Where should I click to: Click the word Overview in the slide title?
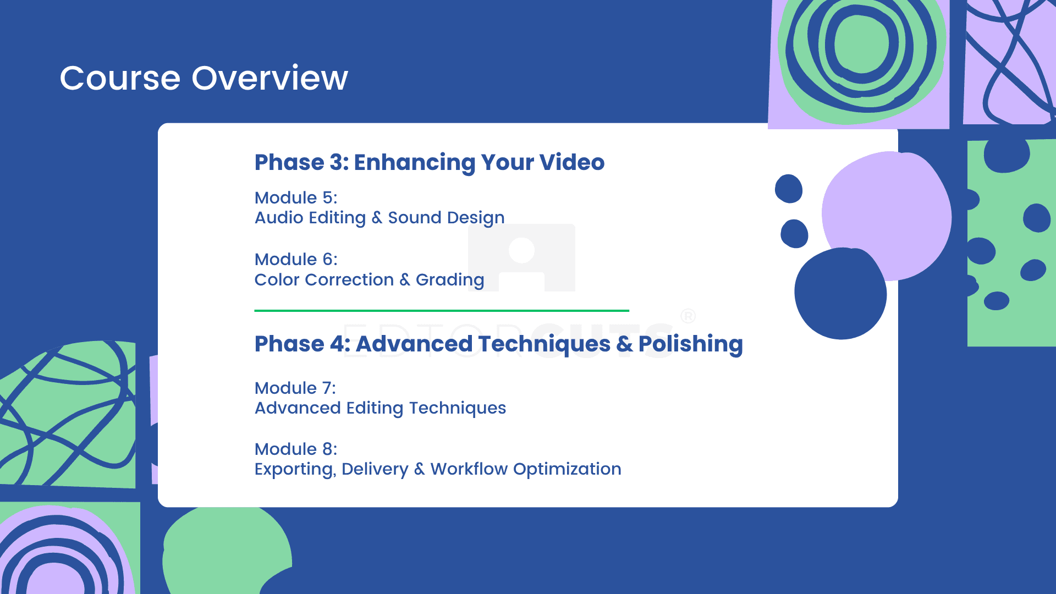tap(269, 78)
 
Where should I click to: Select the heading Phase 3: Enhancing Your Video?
tap(430, 163)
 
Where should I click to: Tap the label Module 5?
tap(296, 197)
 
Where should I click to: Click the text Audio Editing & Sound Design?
tap(380, 218)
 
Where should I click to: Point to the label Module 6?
tap(296, 259)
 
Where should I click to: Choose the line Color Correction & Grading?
tap(369, 280)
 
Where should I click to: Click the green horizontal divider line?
tap(442, 311)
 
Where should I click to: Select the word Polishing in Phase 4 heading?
tap(691, 345)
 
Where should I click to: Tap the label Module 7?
tap(295, 388)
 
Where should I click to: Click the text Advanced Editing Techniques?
tap(380, 408)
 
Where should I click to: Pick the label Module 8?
tap(296, 449)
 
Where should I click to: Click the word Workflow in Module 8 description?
tap(469, 469)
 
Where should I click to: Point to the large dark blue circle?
tap(840, 294)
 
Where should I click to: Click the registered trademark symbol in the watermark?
tap(688, 316)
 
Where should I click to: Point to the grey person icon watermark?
tap(521, 257)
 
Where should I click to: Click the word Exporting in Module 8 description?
tap(295, 469)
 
